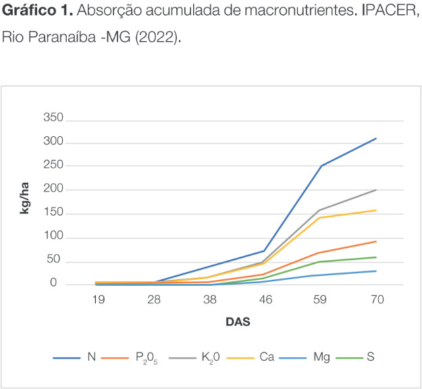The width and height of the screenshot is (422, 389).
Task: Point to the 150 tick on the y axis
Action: click(x=54, y=214)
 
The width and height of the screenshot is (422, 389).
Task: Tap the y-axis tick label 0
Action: click(x=61, y=285)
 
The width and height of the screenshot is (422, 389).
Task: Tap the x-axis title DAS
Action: click(x=238, y=322)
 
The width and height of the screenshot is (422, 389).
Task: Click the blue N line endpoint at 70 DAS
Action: click(x=376, y=138)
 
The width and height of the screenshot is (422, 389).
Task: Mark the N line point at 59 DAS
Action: click(x=321, y=166)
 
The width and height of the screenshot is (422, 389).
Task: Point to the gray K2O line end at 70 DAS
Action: click(x=376, y=190)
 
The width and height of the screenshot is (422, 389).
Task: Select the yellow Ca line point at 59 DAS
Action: click(x=321, y=218)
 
